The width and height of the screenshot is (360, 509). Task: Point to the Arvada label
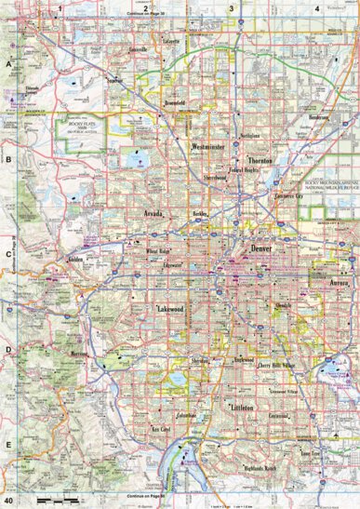tap(153, 213)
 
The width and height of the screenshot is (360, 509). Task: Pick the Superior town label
tap(115, 80)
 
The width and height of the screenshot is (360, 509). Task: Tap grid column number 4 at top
tap(317, 7)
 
